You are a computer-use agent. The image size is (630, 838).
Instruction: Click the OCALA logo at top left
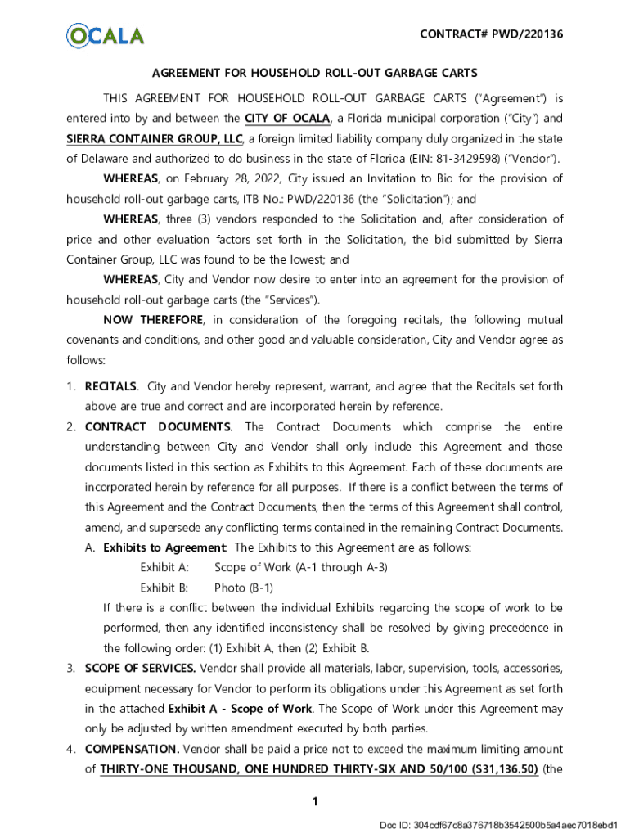point(105,35)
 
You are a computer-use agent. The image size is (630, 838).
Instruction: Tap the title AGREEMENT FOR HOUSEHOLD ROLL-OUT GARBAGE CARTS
point(314,74)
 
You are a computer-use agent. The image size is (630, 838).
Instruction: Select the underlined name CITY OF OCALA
point(286,118)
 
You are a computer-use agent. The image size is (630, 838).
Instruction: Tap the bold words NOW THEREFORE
point(149,319)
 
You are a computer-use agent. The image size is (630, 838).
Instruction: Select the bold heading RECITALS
point(110,386)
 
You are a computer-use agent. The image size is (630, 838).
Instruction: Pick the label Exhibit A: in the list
point(164,567)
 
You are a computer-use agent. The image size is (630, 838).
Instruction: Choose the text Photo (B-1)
point(244,588)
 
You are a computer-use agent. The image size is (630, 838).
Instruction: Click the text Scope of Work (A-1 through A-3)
point(301,567)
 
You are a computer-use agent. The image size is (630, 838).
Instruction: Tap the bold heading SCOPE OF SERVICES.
point(140,669)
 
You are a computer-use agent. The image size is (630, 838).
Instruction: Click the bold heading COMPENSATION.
point(132,749)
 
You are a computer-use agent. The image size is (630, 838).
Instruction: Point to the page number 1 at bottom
point(315,803)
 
